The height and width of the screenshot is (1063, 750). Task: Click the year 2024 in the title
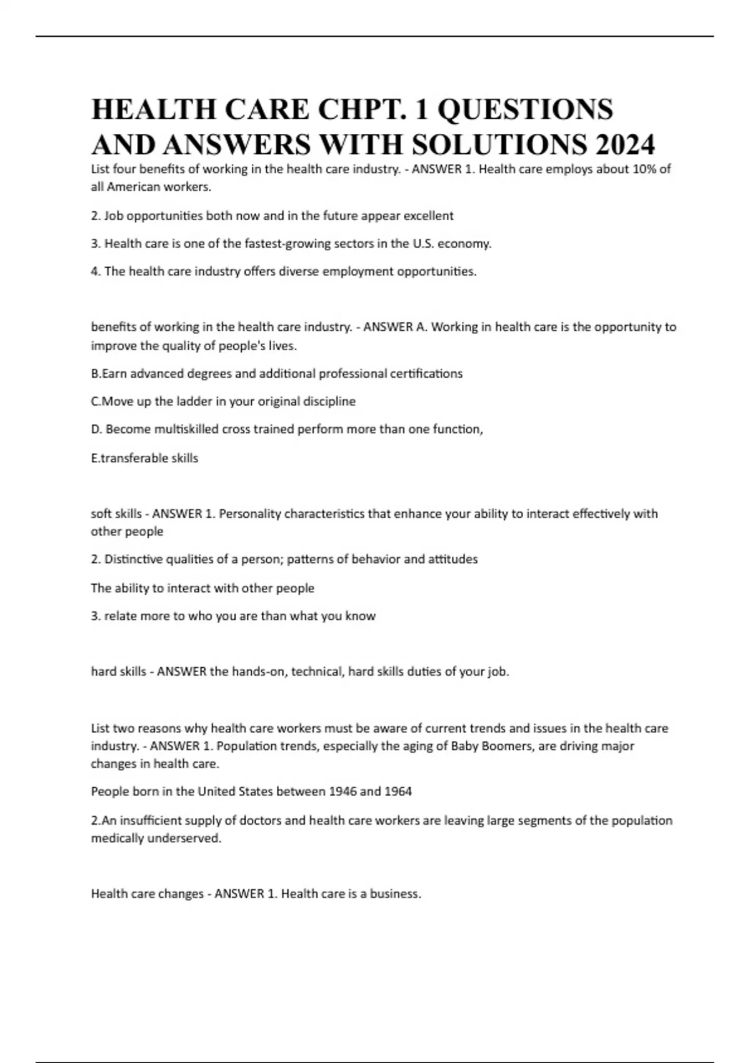[624, 145]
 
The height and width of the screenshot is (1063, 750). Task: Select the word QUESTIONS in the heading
[525, 109]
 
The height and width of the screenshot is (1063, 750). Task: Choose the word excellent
[428, 216]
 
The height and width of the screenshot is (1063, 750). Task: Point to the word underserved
[187, 839]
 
